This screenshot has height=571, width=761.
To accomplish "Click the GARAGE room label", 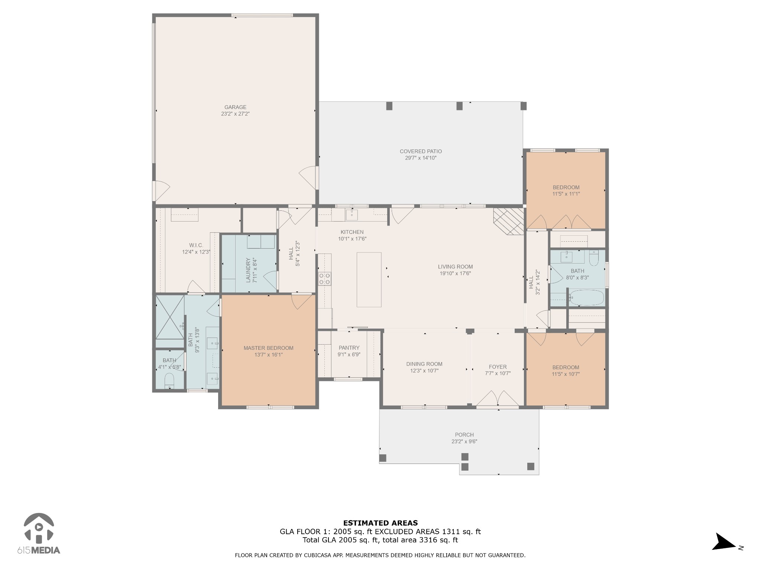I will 235,107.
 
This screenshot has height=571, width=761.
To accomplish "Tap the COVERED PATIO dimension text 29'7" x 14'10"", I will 421,158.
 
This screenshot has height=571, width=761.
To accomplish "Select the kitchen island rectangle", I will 369,280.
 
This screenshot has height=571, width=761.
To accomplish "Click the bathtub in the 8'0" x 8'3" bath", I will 587,298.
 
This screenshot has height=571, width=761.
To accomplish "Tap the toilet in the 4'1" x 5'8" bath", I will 169,381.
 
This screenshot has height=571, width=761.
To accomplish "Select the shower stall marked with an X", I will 170,317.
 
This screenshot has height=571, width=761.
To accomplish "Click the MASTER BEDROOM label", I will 268,348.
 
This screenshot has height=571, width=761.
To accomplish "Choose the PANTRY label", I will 349,348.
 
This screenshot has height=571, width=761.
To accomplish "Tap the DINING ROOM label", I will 424,364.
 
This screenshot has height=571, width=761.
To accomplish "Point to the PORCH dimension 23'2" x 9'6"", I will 464,442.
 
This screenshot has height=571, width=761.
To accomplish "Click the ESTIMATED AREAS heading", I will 380,523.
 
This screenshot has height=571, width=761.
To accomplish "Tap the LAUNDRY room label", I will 249,270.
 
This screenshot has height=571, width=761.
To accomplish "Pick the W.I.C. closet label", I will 196,245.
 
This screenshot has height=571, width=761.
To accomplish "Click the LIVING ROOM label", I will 455,267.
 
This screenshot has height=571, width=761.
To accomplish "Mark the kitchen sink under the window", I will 352,214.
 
